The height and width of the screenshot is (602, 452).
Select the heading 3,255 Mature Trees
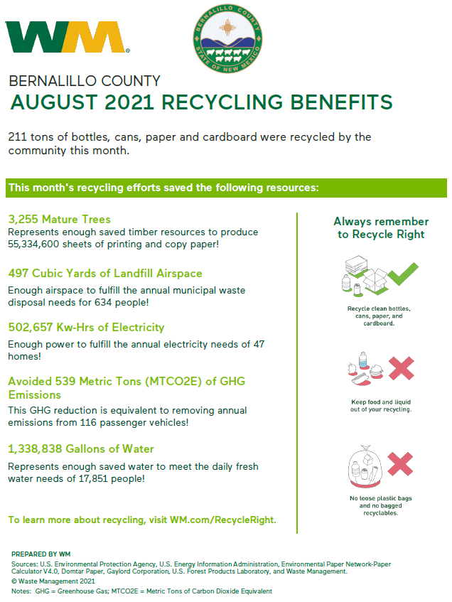coord(59,219)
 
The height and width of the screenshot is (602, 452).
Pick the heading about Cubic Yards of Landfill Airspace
coord(105,274)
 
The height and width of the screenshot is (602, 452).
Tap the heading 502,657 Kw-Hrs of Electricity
coord(86,328)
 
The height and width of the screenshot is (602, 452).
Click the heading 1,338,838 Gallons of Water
coord(81,449)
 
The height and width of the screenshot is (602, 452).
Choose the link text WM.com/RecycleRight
coord(222,520)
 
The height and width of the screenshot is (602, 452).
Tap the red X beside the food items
coord(401,368)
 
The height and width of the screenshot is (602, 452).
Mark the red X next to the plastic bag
coord(401,463)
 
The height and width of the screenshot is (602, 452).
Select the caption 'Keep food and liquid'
coord(381,402)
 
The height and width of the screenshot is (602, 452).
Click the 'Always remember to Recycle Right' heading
coord(381,227)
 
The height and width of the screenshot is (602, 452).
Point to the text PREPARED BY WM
coord(41,554)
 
